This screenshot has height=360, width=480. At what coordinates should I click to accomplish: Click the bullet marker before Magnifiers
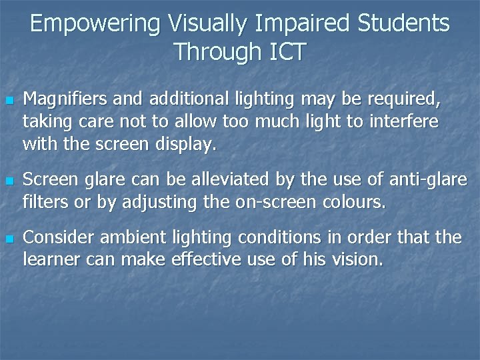(9, 101)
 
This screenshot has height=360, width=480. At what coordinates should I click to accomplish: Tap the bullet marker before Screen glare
(9, 181)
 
